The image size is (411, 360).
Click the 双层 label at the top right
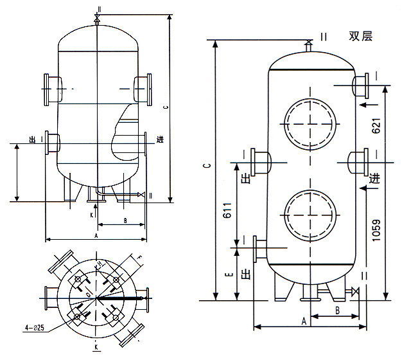[x=360, y=37]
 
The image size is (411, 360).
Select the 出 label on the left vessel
[x=32, y=139]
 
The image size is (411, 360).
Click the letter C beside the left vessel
[x=166, y=107]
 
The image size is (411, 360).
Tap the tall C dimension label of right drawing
[x=206, y=166]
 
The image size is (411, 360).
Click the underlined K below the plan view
[x=96, y=347]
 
